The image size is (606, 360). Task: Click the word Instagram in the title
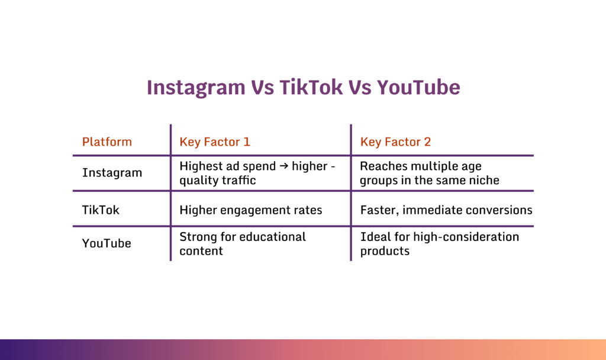click(x=196, y=88)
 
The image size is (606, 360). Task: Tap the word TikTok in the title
click(x=311, y=88)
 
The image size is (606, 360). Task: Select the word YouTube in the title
click(x=418, y=88)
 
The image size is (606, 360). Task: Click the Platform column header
click(x=107, y=142)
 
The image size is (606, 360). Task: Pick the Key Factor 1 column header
click(x=215, y=142)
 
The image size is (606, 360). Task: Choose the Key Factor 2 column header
click(x=395, y=142)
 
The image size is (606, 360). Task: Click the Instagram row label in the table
click(x=112, y=173)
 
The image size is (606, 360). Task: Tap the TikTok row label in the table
click(x=101, y=210)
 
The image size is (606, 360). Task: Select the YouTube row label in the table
click(x=107, y=243)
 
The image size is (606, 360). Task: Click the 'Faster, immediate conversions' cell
click(x=446, y=210)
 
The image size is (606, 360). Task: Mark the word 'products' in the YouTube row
click(x=385, y=251)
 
